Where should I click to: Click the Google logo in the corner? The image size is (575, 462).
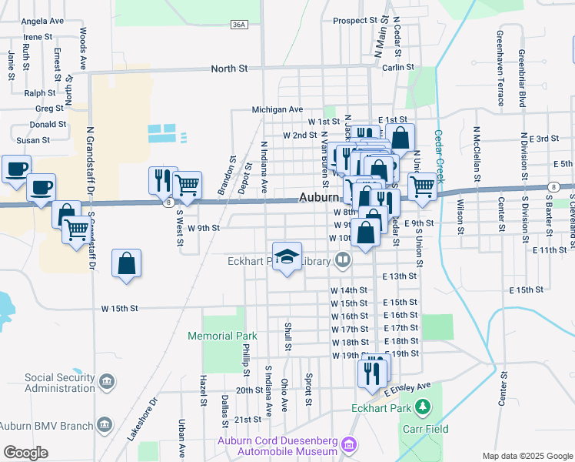coord(25,453)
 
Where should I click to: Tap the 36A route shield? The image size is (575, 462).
coord(239,25)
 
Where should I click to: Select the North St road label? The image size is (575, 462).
coord(230,69)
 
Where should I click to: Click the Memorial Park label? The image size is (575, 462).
coord(222,336)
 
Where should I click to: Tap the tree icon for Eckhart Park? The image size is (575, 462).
coord(421,406)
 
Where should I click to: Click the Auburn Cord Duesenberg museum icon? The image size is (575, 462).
coord(350,444)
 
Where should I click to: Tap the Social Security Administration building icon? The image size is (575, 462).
coord(107,381)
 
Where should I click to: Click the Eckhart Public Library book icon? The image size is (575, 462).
coord(343,261)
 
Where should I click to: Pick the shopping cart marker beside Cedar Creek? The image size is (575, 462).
coord(422,186)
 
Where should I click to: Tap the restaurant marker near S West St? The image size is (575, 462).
coord(163,179)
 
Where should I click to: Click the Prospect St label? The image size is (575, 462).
coord(356,20)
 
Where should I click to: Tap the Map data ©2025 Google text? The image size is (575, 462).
coord(527,456)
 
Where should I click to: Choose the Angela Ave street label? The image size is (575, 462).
coord(42,21)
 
